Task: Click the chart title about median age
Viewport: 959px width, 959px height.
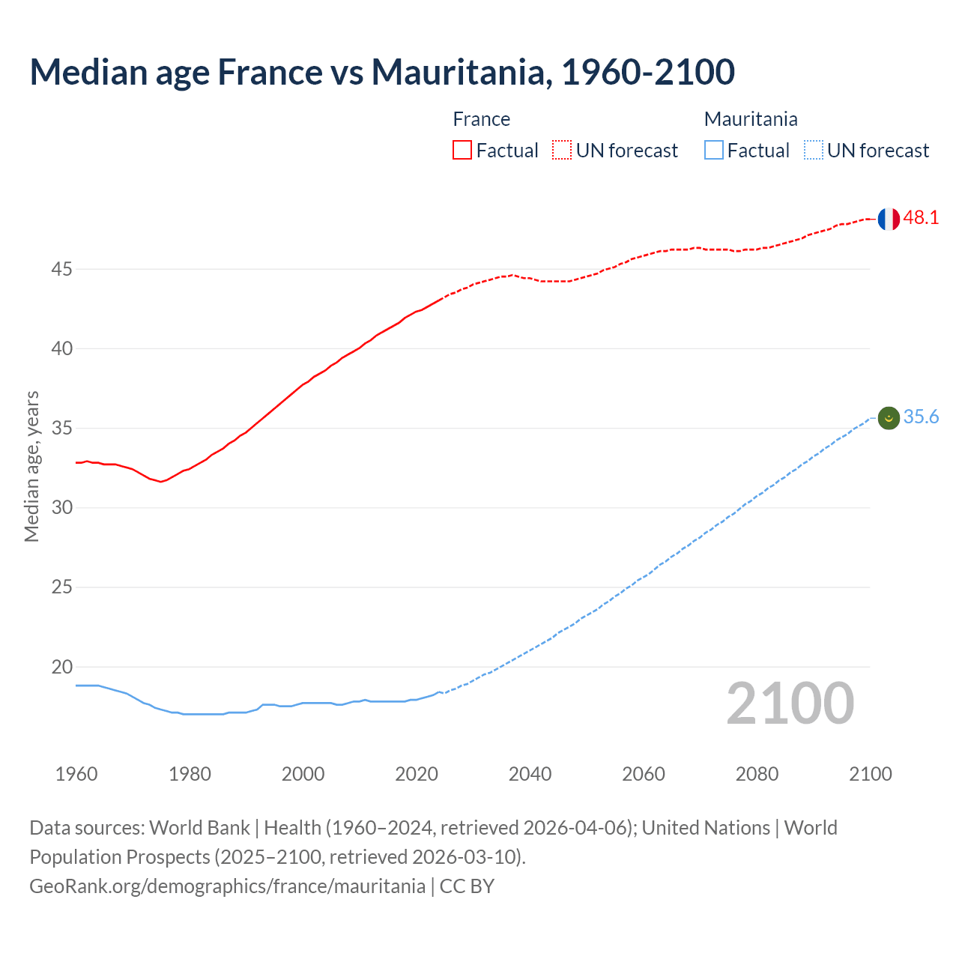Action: (x=382, y=72)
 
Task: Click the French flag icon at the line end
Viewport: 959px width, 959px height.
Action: (x=888, y=219)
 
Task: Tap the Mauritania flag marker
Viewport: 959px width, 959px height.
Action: (x=888, y=418)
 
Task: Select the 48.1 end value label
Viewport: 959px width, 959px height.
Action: (x=921, y=218)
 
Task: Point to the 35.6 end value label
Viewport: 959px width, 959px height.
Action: (x=921, y=417)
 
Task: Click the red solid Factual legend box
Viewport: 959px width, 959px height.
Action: (x=462, y=151)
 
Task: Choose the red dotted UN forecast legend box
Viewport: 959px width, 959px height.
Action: (x=562, y=151)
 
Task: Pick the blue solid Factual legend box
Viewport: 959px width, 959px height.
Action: (x=713, y=151)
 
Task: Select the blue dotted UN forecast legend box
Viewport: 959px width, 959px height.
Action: (x=813, y=151)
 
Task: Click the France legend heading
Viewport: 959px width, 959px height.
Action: (x=481, y=119)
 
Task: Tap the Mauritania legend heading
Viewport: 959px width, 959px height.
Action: (x=751, y=119)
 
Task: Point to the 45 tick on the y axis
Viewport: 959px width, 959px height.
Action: (x=61, y=269)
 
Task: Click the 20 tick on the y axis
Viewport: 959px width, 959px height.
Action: (x=61, y=667)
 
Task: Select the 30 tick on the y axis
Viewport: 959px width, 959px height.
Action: (x=61, y=508)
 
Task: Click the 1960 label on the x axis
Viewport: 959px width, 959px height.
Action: (x=76, y=774)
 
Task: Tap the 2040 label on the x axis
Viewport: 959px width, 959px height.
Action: (x=530, y=774)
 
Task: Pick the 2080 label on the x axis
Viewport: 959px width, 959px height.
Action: (x=757, y=774)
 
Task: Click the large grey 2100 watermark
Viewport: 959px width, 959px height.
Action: (x=790, y=704)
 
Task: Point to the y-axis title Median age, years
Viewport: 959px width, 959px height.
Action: (x=31, y=466)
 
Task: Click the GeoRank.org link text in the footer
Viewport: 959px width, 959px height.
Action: (x=227, y=886)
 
